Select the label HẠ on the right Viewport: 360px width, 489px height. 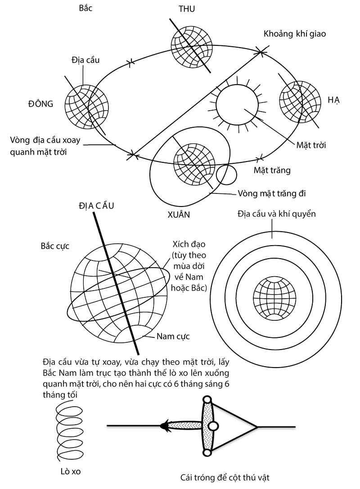[x=333, y=100]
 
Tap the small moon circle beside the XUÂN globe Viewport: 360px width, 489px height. [x=226, y=175]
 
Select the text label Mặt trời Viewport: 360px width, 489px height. [x=311, y=145]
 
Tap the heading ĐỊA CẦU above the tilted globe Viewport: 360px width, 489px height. [x=96, y=206]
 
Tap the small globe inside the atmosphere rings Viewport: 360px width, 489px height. [x=274, y=297]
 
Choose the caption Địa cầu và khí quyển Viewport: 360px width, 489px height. [x=277, y=214]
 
